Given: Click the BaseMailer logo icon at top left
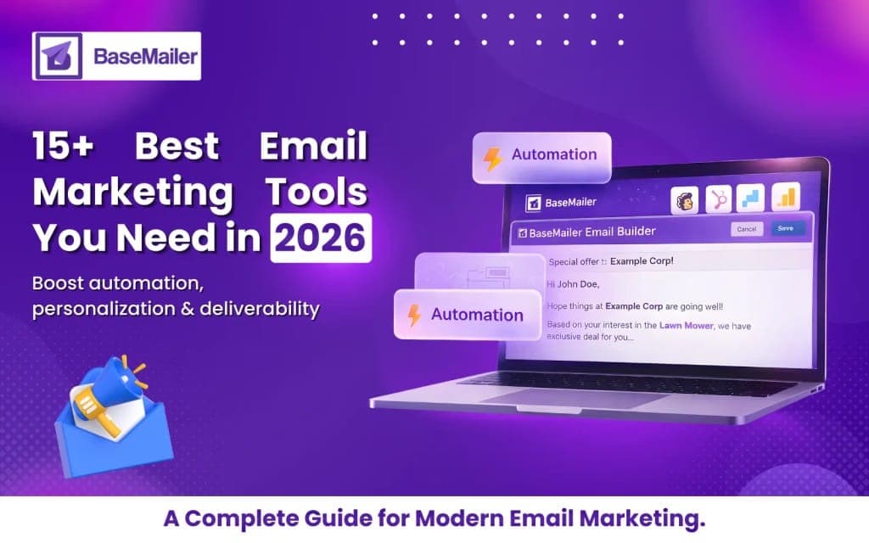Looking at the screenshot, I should (x=57, y=56).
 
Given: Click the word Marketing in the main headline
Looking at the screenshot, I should (x=132, y=193).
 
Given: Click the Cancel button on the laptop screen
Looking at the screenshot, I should (x=746, y=229).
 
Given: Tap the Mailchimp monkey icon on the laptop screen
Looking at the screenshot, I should (x=685, y=200).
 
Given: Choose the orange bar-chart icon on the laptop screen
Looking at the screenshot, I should (x=787, y=198).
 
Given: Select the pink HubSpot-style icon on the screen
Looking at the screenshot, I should (x=719, y=199).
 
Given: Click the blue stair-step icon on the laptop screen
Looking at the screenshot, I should (x=751, y=199).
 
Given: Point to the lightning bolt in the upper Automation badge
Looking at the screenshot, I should (x=492, y=157).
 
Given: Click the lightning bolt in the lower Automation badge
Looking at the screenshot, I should (x=414, y=315).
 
